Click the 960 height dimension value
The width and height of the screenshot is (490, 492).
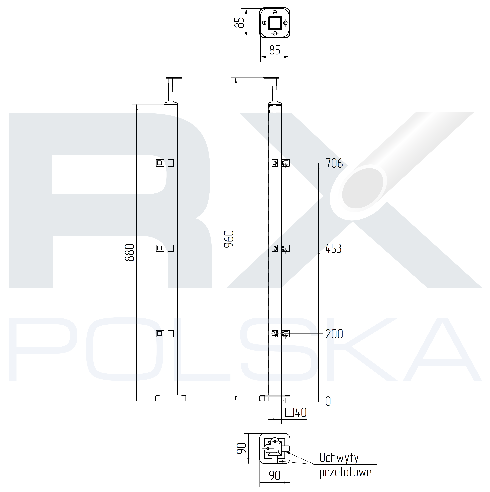[229, 239]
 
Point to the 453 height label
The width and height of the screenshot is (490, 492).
[334, 249]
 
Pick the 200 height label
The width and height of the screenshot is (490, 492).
[334, 334]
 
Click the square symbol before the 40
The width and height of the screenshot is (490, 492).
[290, 413]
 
